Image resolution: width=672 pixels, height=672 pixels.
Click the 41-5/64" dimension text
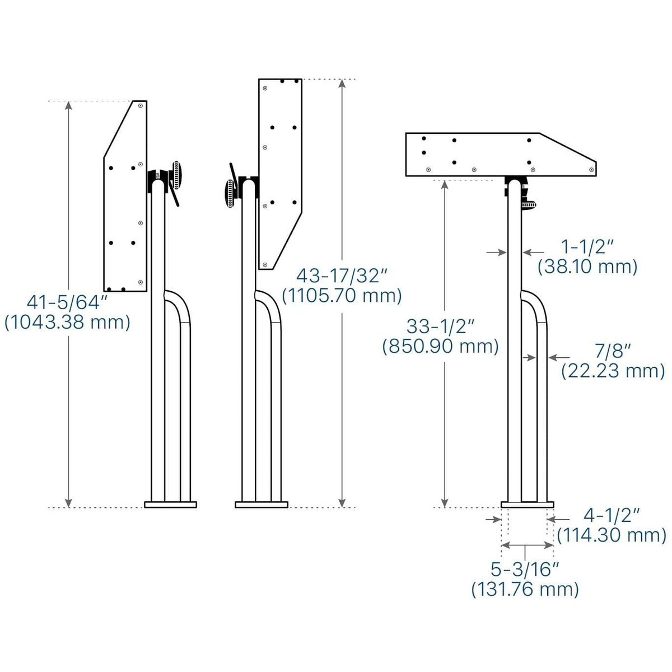pos(67,303)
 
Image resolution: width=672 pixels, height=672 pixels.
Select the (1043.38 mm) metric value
pos(67,323)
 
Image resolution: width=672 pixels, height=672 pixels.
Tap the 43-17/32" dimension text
pos(342,276)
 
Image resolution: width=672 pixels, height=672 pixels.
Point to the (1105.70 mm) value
pos(342,295)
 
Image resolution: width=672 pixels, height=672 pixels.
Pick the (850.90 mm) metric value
pos(441,346)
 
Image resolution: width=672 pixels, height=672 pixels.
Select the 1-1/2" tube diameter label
pos(587,246)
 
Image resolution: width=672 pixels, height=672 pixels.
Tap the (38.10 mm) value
pos(587,267)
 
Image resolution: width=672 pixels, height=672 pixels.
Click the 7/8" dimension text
pos(613,351)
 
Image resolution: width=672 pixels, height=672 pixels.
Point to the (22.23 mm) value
pos(613,371)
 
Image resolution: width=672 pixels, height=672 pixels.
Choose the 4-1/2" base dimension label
pos(612,515)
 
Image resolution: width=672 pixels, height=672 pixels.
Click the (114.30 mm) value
pos(612,535)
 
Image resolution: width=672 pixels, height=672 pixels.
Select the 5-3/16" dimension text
pos(525,570)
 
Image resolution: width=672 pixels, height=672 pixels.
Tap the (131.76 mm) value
pos(525,589)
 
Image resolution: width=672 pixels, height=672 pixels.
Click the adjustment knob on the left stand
pos(178,176)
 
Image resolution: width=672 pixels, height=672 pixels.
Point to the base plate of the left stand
pos(170,505)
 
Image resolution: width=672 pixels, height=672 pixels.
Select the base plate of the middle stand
pos(262,505)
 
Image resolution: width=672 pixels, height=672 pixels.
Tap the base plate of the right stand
pos(527,505)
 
